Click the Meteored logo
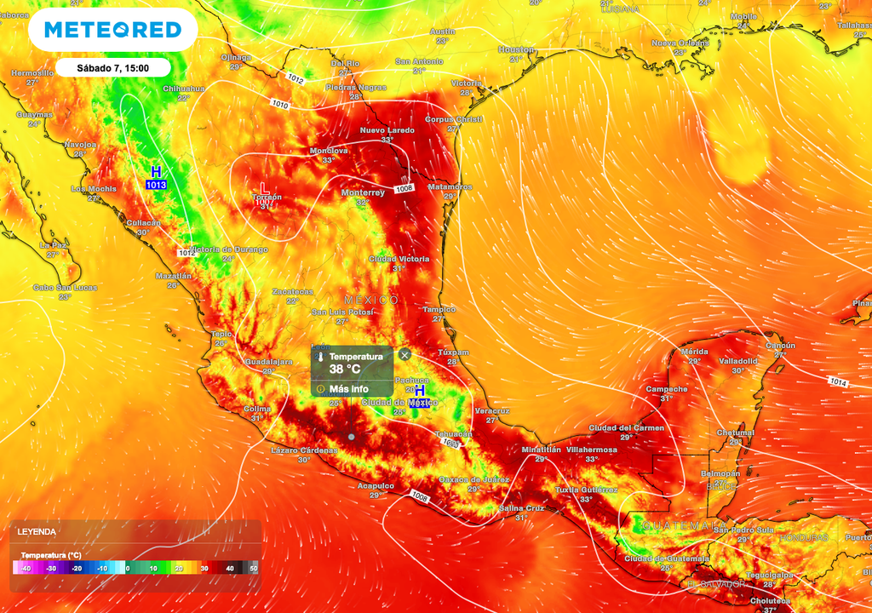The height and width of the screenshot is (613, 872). tap(112, 31)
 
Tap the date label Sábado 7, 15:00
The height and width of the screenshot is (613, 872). tap(113, 68)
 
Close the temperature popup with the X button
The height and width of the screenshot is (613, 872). tap(405, 354)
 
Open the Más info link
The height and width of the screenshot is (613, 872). tap(348, 389)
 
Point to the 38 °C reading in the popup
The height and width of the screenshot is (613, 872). tap(346, 370)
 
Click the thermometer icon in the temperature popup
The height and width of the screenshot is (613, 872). tap(321, 363)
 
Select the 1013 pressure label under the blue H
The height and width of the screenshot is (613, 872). tap(156, 185)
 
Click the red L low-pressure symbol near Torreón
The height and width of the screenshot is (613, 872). tap(264, 186)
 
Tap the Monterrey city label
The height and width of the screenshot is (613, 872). tap(363, 192)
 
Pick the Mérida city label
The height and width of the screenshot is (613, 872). tap(695, 352)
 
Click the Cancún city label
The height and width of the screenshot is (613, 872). tap(780, 346)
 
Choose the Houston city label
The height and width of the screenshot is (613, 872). tap(515, 49)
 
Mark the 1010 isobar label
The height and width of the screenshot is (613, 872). tap(279, 104)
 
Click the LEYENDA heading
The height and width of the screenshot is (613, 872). tap(37, 531)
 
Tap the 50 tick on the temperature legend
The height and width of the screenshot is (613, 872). tap(253, 568)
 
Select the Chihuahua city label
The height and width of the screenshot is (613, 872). tap(184, 88)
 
